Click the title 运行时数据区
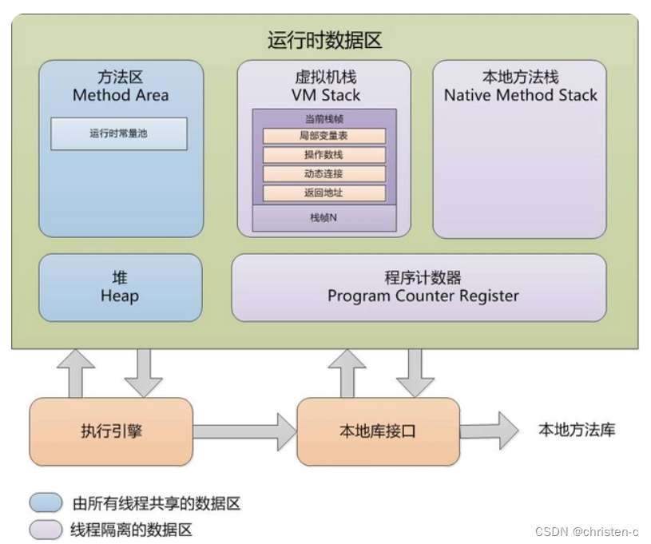pyautogui.click(x=324, y=41)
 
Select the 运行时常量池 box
pyautogui.click(x=119, y=134)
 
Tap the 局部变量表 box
pyautogui.click(x=324, y=137)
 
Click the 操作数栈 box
pyautogui.click(x=324, y=155)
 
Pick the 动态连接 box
pyautogui.click(x=324, y=174)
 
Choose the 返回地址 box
pyautogui.click(x=324, y=193)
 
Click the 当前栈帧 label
pyautogui.click(x=324, y=118)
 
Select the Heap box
pyautogui.click(x=120, y=288)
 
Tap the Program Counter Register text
pyautogui.click(x=423, y=296)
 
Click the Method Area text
pyautogui.click(x=121, y=96)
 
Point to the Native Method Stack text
pyautogui.click(x=520, y=96)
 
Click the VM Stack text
pyautogui.click(x=325, y=96)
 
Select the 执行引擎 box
pyautogui.click(x=111, y=431)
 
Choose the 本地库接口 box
pyautogui.click(x=378, y=431)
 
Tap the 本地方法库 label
pyautogui.click(x=577, y=430)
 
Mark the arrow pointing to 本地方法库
pyautogui.click(x=489, y=431)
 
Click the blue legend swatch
pyautogui.click(x=46, y=502)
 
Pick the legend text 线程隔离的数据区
pyautogui.click(x=132, y=529)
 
